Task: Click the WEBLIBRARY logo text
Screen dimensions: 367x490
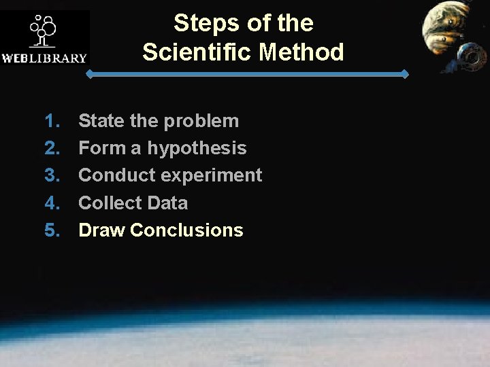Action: click(45, 58)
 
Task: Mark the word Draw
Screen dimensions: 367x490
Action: click(102, 230)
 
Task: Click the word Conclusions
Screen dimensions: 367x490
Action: click(186, 230)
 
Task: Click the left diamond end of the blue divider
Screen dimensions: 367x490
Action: click(89, 74)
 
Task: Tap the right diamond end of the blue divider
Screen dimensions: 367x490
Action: click(406, 74)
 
